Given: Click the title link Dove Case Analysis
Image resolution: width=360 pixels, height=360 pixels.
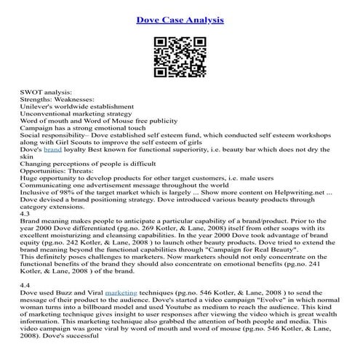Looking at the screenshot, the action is point(180,17).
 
